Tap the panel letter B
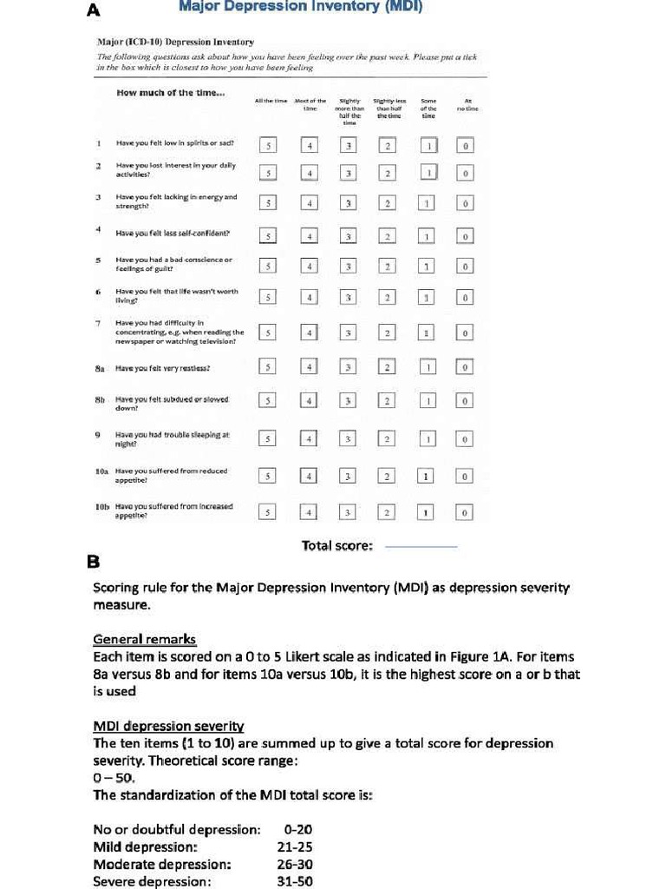pyautogui.click(x=94, y=562)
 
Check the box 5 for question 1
pyautogui.click(x=269, y=146)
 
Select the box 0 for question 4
pyautogui.click(x=465, y=236)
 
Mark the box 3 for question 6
pyautogui.click(x=349, y=298)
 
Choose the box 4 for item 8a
pyautogui.click(x=309, y=368)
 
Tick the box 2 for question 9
pyautogui.click(x=388, y=439)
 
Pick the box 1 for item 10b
pyautogui.click(x=427, y=512)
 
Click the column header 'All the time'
pyautogui.click(x=270, y=101)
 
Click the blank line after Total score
pyautogui.click(x=420, y=547)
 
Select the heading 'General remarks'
pyautogui.click(x=145, y=640)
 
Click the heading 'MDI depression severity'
pyautogui.click(x=168, y=726)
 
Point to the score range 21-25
pyautogui.click(x=295, y=846)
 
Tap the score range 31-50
pyautogui.click(x=295, y=881)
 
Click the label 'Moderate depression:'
pyautogui.click(x=162, y=864)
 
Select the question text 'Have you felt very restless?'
pyautogui.click(x=163, y=368)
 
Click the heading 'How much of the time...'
pyautogui.click(x=170, y=93)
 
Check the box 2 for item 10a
pyautogui.click(x=388, y=476)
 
